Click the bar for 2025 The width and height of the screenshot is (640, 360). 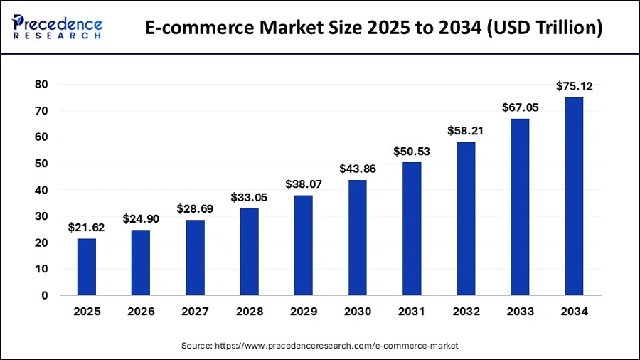tap(87, 267)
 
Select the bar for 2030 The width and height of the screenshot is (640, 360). tap(357, 238)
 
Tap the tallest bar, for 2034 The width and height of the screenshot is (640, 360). tap(574, 196)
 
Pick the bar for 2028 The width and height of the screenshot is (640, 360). tap(249, 252)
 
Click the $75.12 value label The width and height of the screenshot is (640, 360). tap(574, 87)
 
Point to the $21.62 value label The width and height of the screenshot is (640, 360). tap(87, 228)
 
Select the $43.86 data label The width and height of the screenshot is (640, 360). tap(357, 169)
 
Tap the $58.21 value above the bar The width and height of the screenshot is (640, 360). tap(466, 132)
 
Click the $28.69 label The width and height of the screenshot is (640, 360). tap(195, 209)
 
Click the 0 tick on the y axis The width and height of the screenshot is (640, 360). tap(45, 295)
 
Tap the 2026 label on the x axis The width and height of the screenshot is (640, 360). tap(141, 312)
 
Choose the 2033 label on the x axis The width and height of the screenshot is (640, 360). tap(520, 312)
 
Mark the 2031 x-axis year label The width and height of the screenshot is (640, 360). tap(412, 312)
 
